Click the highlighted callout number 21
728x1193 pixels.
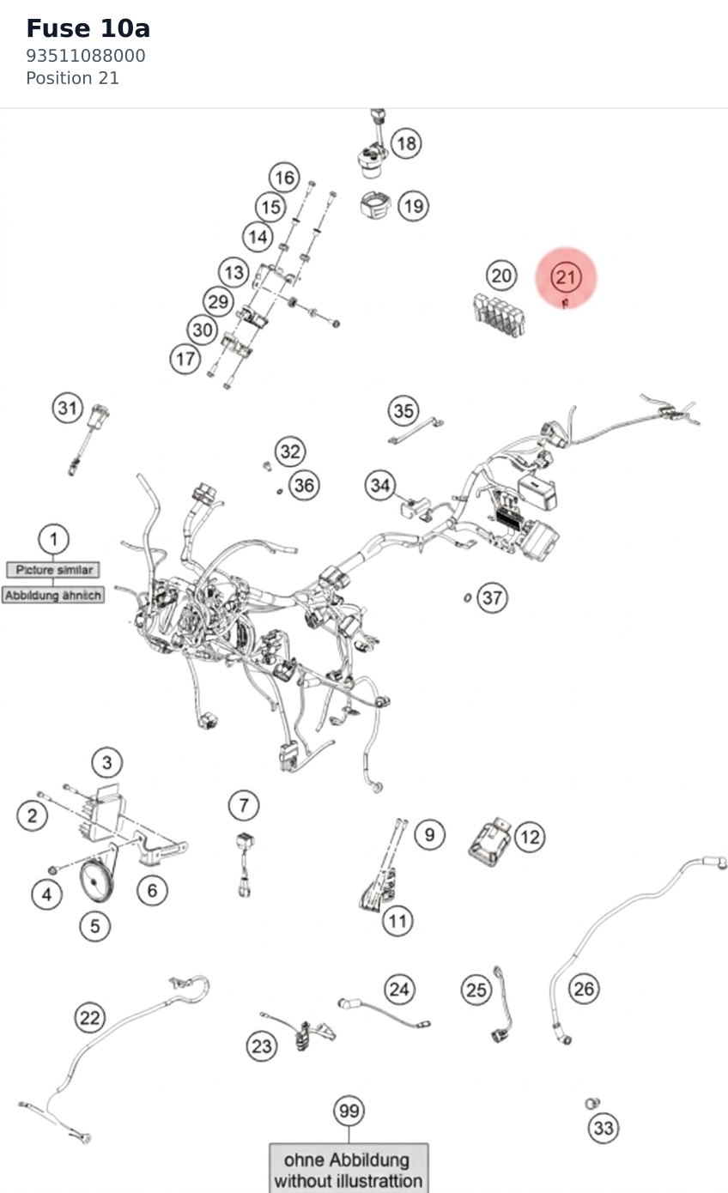tap(566, 277)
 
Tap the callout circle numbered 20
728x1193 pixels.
tap(501, 276)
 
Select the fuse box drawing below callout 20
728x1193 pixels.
tap(499, 314)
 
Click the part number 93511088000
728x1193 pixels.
tap(86, 56)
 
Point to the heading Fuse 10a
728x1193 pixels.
tap(88, 29)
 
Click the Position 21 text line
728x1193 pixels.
tap(72, 78)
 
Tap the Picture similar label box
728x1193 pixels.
tap(53, 570)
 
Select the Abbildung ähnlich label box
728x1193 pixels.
tap(52, 595)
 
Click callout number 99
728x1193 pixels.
tap(349, 1111)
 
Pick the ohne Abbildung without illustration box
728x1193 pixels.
tap(349, 1167)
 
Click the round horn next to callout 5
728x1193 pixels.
tap(96, 881)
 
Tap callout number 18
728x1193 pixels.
tap(406, 142)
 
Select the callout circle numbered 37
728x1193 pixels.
tap(492, 597)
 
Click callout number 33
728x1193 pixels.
tap(604, 1128)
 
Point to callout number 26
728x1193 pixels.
tap(584, 989)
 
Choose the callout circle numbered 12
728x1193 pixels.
tap(530, 837)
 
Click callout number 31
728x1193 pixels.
tap(68, 408)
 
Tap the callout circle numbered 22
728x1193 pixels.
tap(89, 1017)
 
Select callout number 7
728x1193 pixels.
tap(244, 805)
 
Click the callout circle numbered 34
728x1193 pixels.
tap(380, 485)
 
